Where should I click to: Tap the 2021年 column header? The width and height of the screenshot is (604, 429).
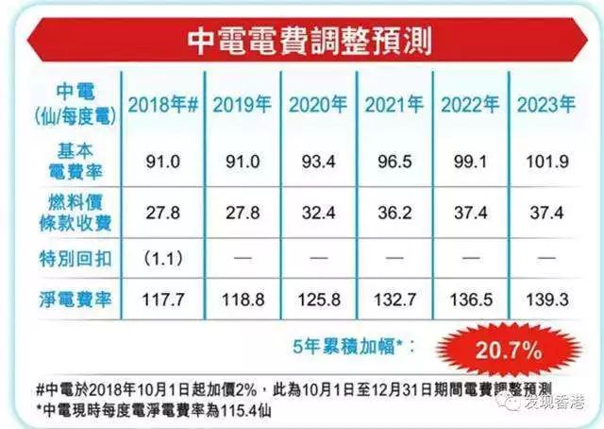[x=394, y=104]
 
